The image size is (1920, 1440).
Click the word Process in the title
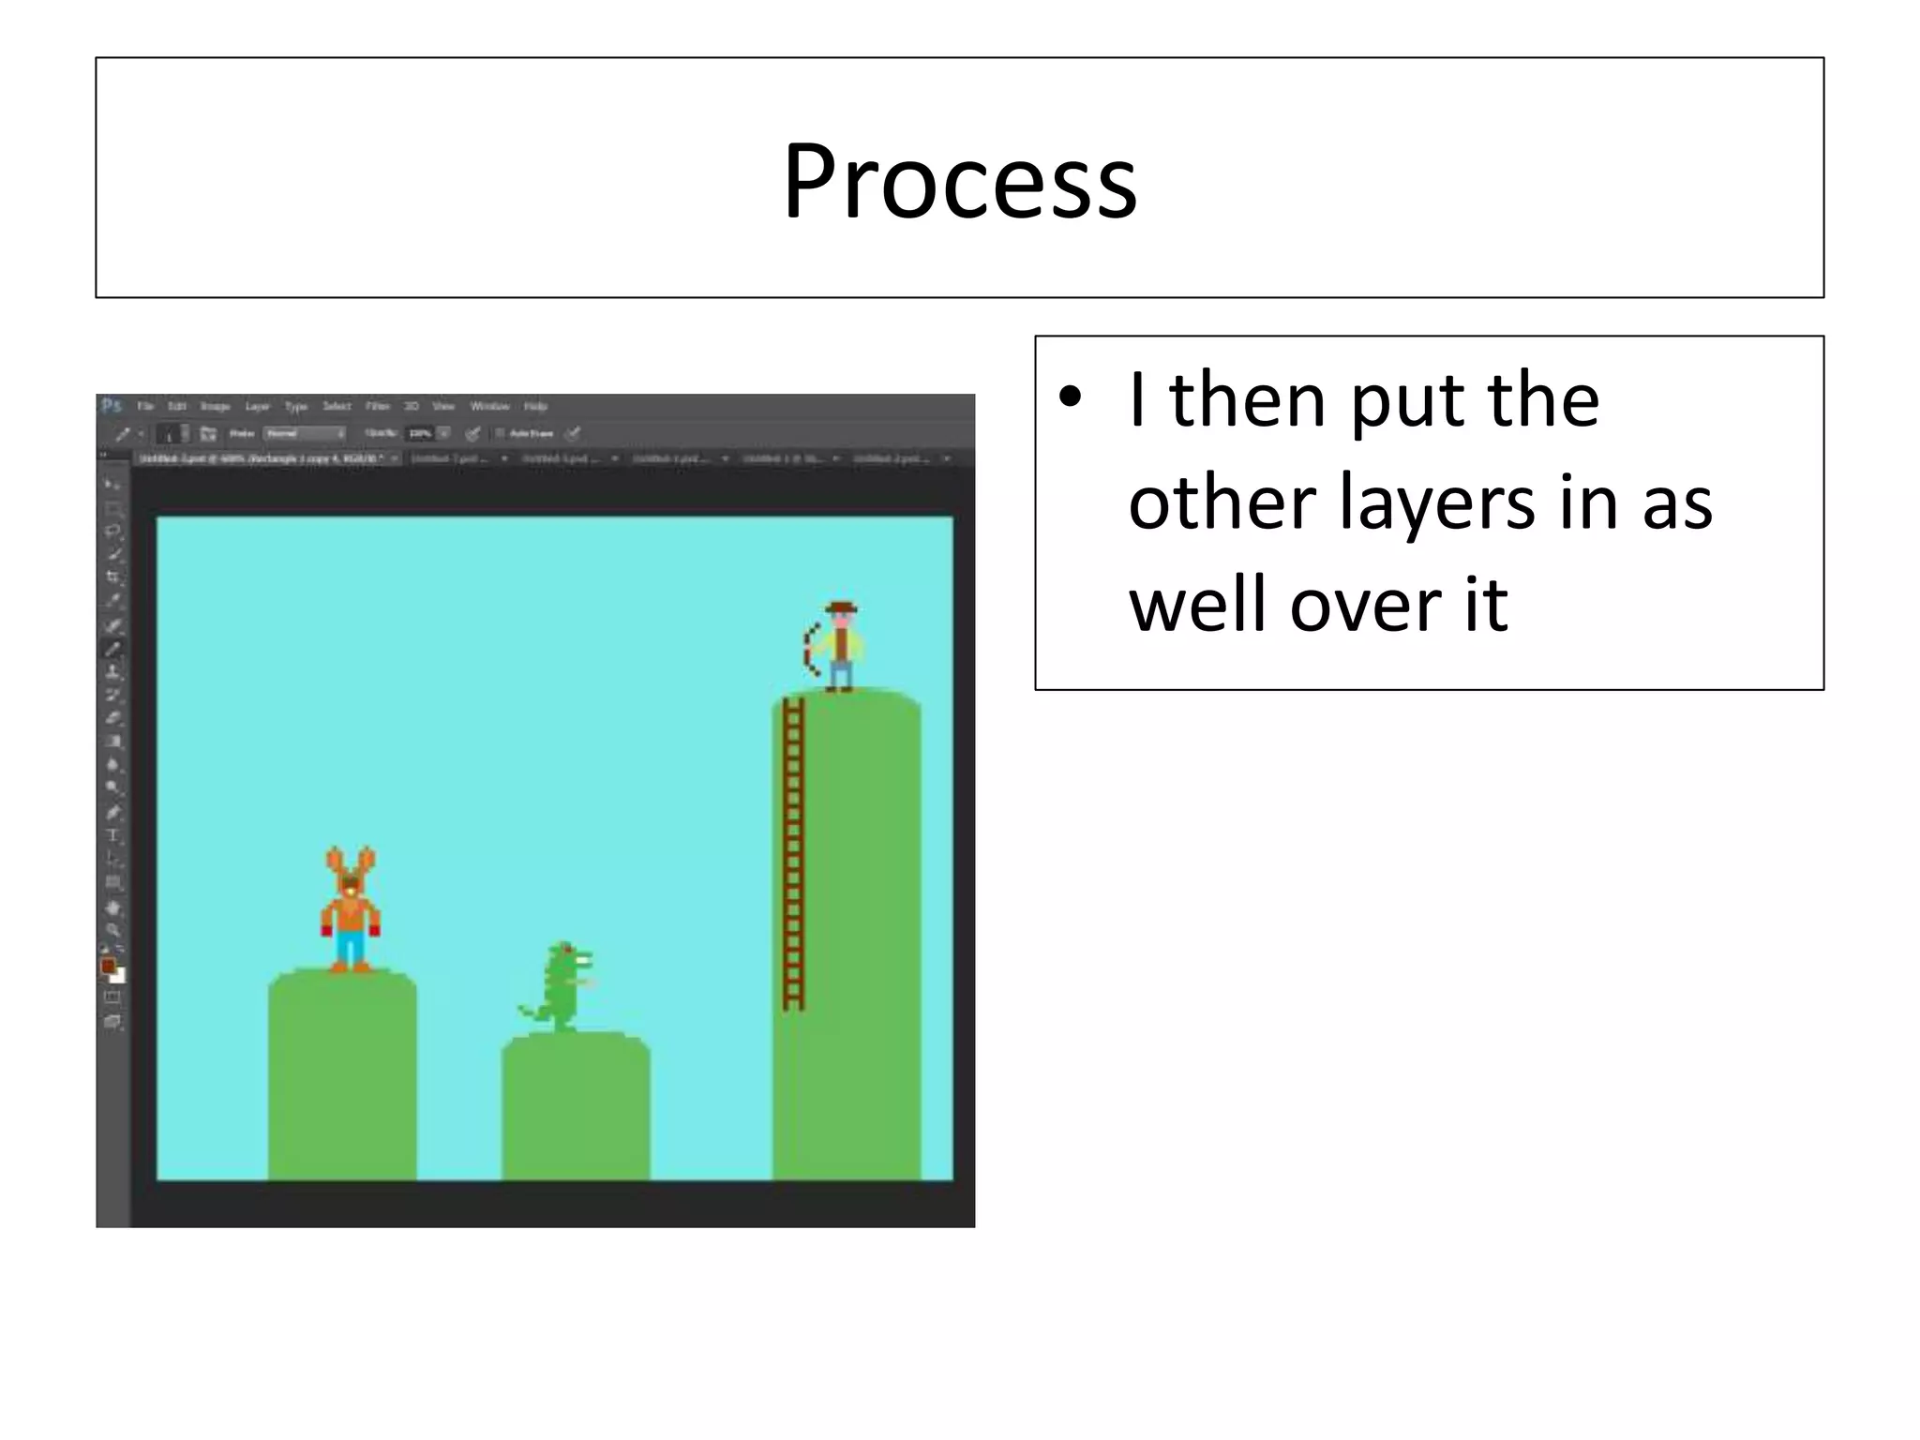pyautogui.click(x=959, y=181)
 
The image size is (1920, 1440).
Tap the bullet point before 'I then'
pyautogui.click(x=1070, y=397)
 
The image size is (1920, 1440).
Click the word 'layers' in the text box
pyautogui.click(x=1434, y=502)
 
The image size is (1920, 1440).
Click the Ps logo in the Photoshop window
pyautogui.click(x=112, y=406)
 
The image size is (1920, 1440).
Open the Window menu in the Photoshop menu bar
pyautogui.click(x=489, y=406)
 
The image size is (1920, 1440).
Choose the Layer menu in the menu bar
pyautogui.click(x=257, y=406)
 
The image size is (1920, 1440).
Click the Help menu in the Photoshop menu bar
pyautogui.click(x=535, y=406)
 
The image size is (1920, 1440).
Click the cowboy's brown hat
pyautogui.click(x=842, y=607)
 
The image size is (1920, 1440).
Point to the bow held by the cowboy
pyautogui.click(x=810, y=646)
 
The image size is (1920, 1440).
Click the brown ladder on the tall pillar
pyautogui.click(x=794, y=853)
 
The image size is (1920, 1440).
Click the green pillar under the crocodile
pyautogui.click(x=576, y=1106)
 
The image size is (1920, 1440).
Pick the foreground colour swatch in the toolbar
pyautogui.click(x=108, y=967)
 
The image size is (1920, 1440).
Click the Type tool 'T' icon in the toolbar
pyautogui.click(x=113, y=835)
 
